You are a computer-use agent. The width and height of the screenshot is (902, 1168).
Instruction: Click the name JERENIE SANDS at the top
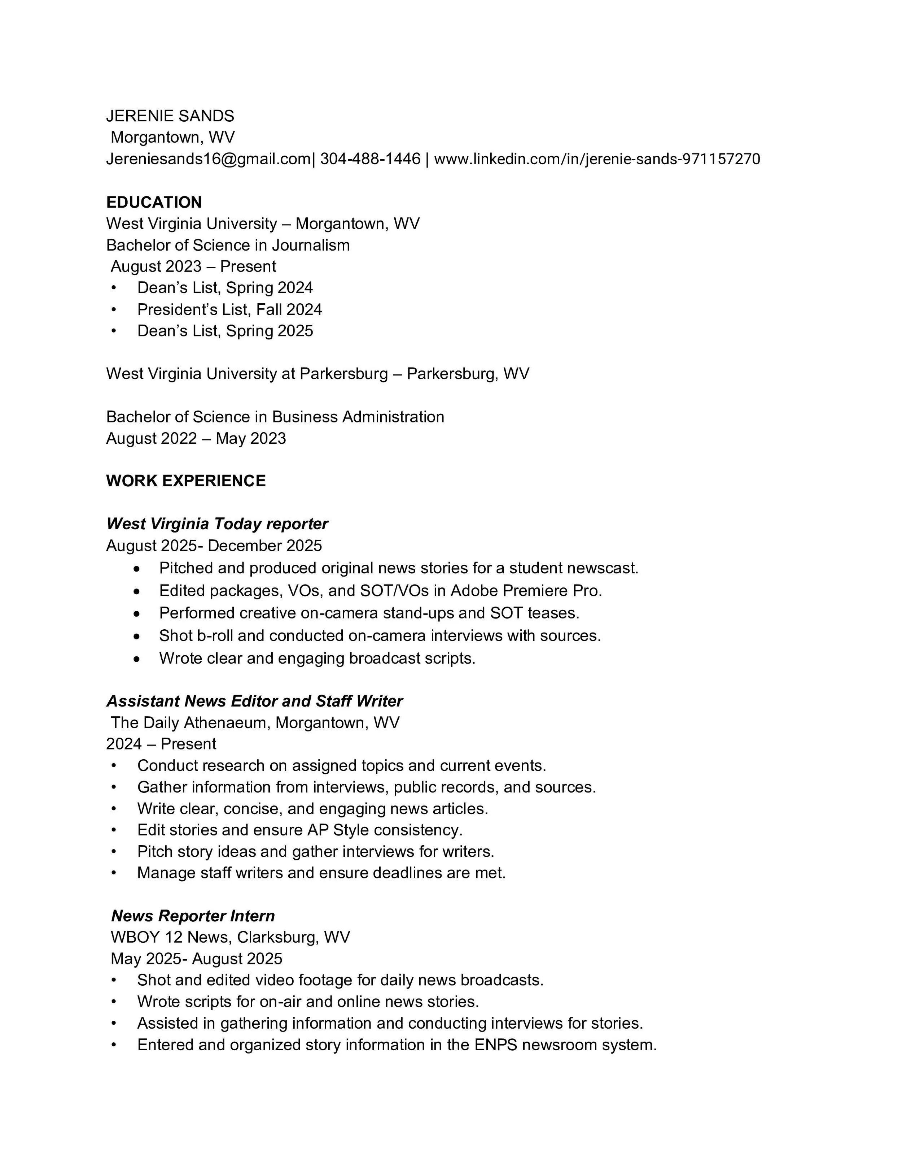pyautogui.click(x=170, y=116)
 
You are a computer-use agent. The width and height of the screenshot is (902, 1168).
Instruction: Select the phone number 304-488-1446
pyautogui.click(x=370, y=159)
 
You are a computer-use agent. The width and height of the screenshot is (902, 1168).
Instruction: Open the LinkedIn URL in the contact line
pyautogui.click(x=597, y=159)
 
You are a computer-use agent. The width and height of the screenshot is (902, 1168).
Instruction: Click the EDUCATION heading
pyautogui.click(x=154, y=202)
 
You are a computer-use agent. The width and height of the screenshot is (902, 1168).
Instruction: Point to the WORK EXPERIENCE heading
pyautogui.click(x=186, y=481)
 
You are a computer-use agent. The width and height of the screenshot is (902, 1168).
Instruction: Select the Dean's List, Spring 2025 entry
pyautogui.click(x=225, y=331)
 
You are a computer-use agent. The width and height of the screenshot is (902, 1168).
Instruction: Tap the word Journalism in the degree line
pyautogui.click(x=311, y=245)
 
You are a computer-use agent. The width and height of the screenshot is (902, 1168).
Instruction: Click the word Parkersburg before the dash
pyautogui.click(x=343, y=373)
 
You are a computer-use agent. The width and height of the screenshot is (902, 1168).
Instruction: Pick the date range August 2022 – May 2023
pyautogui.click(x=196, y=439)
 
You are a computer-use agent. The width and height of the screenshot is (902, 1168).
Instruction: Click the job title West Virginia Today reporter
pyautogui.click(x=217, y=524)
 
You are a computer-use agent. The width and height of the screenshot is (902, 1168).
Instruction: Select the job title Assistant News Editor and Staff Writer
pyautogui.click(x=254, y=701)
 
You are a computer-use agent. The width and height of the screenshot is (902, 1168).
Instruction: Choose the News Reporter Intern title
pyautogui.click(x=193, y=916)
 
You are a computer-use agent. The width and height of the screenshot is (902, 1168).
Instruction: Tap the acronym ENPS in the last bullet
pyautogui.click(x=495, y=1045)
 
